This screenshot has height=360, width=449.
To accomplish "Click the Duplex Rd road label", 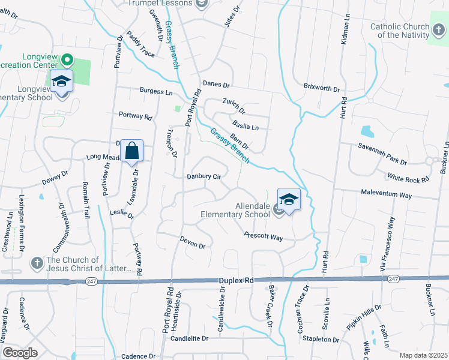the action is coord(235,280).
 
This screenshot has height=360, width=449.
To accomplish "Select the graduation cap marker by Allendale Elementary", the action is coord(289,199).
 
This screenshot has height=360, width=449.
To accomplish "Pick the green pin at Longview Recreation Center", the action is coord(68,61).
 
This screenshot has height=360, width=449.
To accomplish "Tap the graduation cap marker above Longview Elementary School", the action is coord(61,81).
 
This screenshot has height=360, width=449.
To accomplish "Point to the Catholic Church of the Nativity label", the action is coord(400,31).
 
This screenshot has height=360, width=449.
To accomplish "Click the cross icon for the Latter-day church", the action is coord(36,262).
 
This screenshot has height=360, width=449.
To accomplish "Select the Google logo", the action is coord(20,353).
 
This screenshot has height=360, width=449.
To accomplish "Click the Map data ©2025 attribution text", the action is coord(423,355).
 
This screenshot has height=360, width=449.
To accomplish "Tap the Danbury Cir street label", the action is coord(204,176).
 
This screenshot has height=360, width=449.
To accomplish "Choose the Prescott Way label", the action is coord(263,237).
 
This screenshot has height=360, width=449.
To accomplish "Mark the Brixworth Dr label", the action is coord(321,88).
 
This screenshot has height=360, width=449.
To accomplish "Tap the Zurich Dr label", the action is coord(234,107).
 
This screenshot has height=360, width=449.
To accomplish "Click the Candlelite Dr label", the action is coord(189,338).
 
